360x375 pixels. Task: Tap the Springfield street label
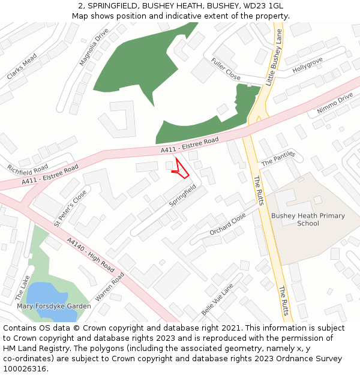point(182,196)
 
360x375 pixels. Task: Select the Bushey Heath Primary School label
point(308,220)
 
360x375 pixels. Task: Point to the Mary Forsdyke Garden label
point(54,306)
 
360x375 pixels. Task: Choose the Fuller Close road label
point(226,69)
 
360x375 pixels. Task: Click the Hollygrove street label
point(307,65)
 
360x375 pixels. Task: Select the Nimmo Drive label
point(335,104)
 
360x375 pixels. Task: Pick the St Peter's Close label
point(70,208)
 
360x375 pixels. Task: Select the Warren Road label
point(109,287)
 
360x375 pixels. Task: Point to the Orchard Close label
point(227,224)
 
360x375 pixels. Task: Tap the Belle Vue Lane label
point(217,299)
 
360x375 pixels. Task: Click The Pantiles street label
point(278,158)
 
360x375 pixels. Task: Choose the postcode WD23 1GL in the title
point(265,5)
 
